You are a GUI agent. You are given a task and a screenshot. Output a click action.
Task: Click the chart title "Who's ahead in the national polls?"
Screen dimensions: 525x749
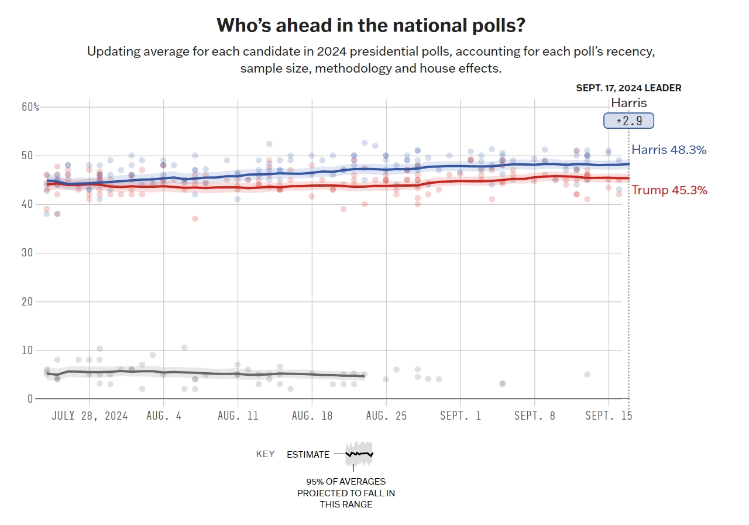pos(371,25)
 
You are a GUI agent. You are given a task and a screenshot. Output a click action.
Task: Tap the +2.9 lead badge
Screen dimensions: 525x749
pos(628,121)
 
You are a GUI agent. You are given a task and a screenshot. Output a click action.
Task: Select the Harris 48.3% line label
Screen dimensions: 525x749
pos(669,150)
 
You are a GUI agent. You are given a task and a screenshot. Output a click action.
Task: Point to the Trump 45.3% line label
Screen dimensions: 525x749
pos(669,190)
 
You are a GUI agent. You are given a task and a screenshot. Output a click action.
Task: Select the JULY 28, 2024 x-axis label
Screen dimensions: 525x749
pos(90,416)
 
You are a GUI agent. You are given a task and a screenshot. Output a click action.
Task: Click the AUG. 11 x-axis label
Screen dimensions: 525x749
pos(238,416)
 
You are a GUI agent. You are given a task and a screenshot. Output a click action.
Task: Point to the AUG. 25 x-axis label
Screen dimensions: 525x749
pos(386,416)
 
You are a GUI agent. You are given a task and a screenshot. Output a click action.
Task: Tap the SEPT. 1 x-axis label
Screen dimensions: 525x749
pos(461,416)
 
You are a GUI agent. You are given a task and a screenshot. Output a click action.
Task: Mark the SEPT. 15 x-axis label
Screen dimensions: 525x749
pos(609,416)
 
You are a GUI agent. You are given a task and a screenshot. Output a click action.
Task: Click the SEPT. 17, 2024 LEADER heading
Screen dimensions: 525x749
pos(628,88)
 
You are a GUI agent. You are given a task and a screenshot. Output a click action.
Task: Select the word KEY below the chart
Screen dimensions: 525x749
pos(265,454)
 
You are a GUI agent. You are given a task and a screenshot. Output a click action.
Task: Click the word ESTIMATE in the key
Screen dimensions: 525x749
pos(308,454)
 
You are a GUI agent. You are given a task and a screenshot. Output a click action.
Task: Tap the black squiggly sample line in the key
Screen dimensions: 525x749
pos(359,454)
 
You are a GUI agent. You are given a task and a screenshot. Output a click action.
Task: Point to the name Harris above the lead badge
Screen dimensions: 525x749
pos(628,103)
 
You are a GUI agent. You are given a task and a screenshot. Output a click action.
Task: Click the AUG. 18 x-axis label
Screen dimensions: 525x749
pos(312,416)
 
